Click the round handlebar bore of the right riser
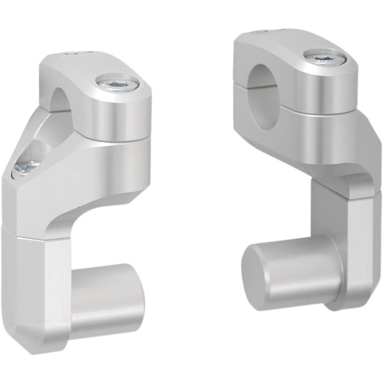(x=264, y=80)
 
